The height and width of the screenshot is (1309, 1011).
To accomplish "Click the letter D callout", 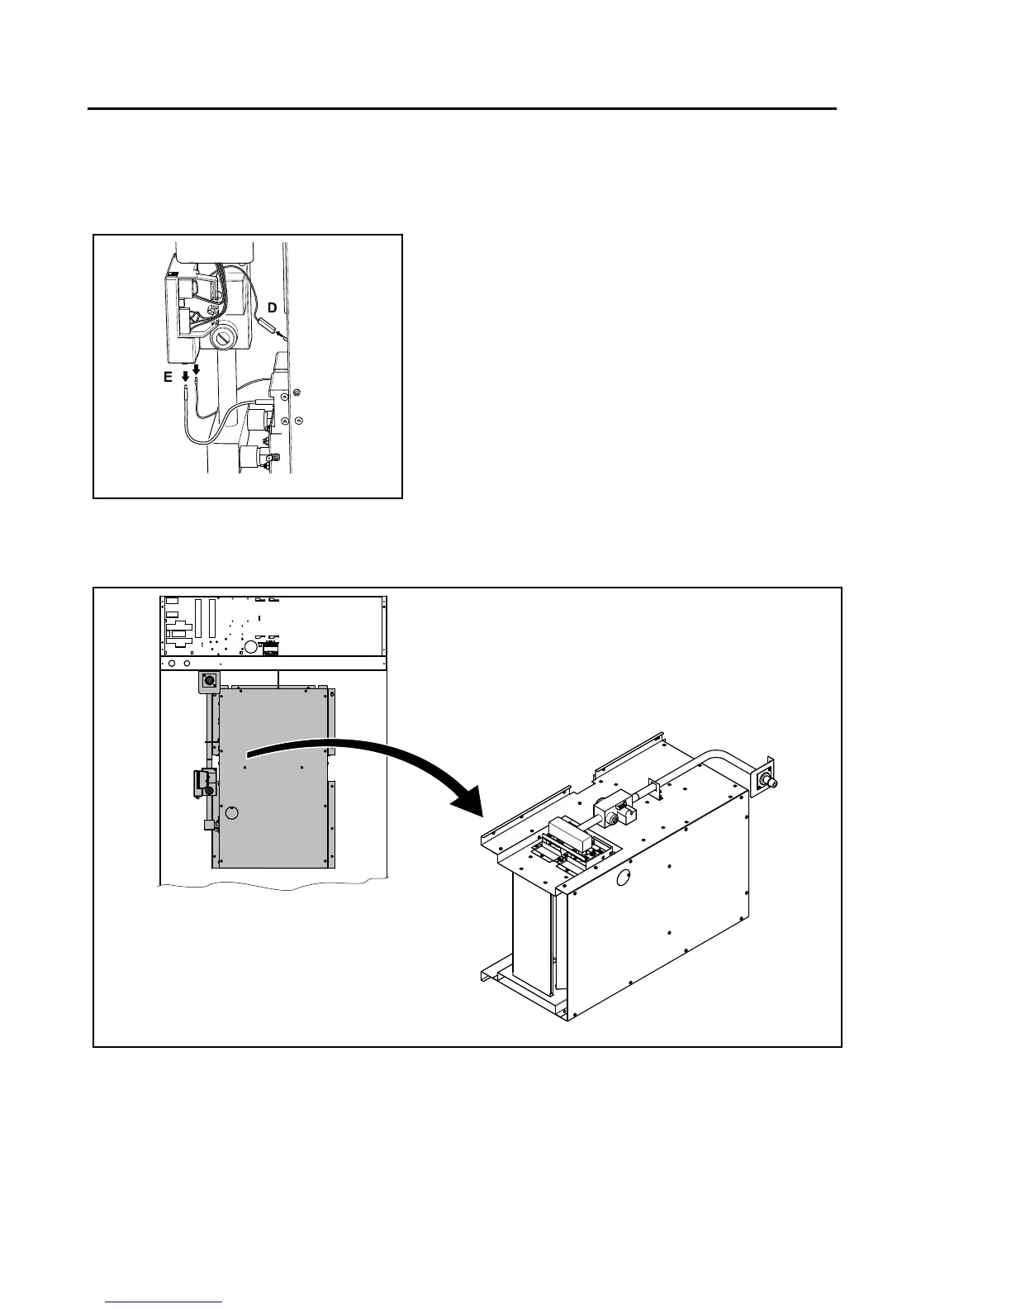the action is tap(272, 307).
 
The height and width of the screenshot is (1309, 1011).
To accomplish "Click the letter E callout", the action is tap(168, 377).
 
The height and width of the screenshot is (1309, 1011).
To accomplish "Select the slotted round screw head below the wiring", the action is tap(223, 339).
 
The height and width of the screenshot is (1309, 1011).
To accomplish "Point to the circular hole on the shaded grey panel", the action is tap(232, 813).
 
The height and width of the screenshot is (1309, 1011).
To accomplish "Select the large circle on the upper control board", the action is tap(249, 645).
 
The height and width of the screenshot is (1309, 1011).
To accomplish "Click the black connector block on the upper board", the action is tap(270, 650).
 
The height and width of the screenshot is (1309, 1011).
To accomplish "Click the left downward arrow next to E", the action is tap(185, 378).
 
